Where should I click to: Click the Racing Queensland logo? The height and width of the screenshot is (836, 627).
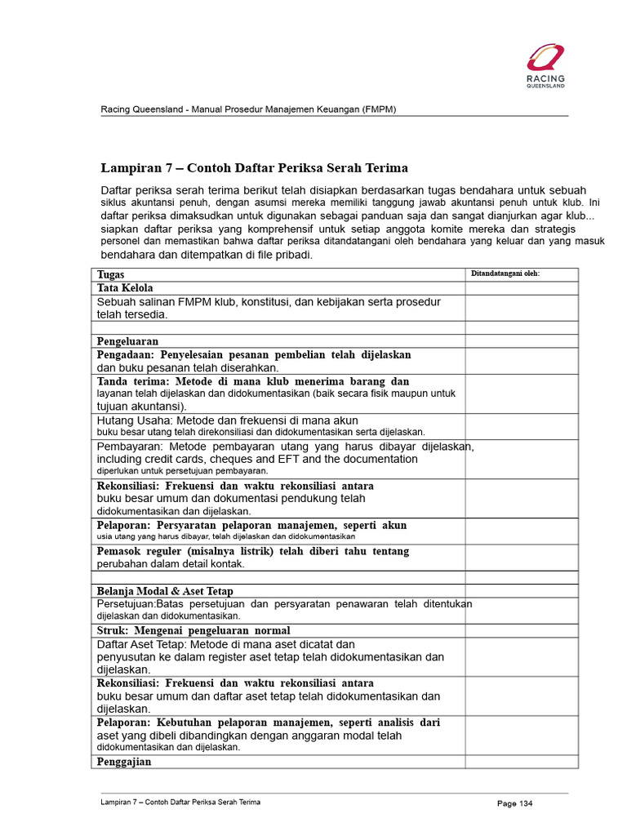coord(545,65)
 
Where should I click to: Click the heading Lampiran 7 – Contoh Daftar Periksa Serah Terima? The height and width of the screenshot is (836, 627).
coord(254,168)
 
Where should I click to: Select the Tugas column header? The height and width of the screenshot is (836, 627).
coord(111,275)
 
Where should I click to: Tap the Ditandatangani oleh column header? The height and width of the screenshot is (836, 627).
coord(505,273)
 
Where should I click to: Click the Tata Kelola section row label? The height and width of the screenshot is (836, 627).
coord(125,288)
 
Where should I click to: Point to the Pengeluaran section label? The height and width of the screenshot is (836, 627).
coord(127,341)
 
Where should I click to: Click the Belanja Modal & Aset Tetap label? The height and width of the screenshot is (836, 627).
coord(166,590)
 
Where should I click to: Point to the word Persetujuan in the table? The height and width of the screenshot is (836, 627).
coord(126,604)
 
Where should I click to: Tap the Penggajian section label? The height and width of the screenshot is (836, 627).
coord(124,762)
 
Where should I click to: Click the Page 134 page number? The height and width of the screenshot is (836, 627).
coord(514,804)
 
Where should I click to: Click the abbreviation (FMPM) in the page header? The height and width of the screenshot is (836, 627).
coord(379,109)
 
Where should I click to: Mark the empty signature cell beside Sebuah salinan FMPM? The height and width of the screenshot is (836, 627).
coord(522,308)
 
